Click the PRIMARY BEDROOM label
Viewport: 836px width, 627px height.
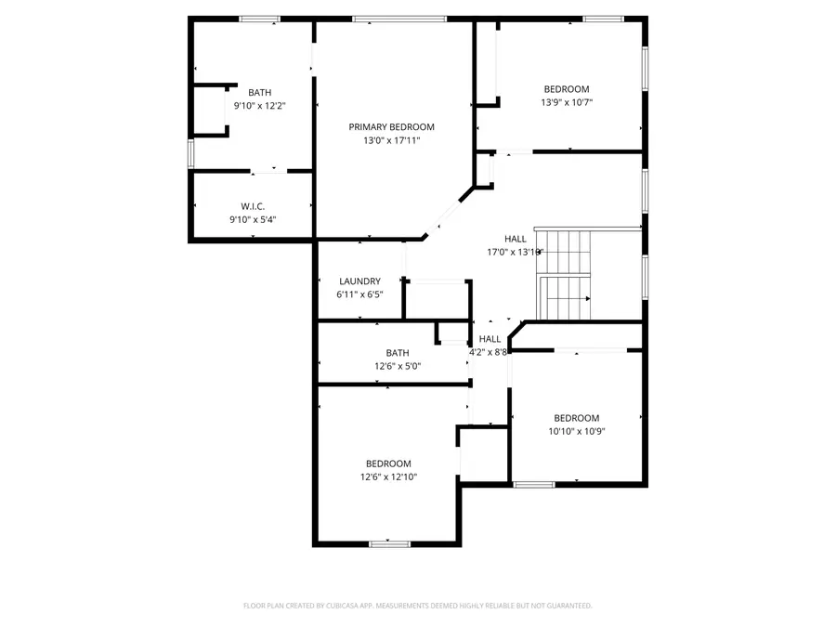(x=391, y=127)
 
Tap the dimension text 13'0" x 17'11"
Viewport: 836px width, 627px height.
(x=391, y=141)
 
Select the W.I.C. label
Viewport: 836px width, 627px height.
(x=253, y=206)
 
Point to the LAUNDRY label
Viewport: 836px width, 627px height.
(x=359, y=281)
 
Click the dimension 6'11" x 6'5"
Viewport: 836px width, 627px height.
(x=359, y=294)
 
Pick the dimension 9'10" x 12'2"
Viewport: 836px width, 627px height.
(x=259, y=106)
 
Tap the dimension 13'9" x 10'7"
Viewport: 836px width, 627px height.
(x=567, y=103)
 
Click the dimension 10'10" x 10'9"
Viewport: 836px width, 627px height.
(x=577, y=431)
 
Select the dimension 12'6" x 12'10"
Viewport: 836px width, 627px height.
(x=388, y=477)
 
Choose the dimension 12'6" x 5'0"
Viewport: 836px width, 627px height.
(x=398, y=366)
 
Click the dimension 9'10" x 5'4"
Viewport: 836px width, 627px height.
(x=253, y=220)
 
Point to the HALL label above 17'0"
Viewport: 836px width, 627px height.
(x=516, y=239)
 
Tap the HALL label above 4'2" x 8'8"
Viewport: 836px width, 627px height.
(x=490, y=339)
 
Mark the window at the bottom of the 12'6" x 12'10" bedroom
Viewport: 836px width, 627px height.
(x=389, y=543)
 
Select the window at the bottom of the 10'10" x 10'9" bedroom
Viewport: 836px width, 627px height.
(x=534, y=484)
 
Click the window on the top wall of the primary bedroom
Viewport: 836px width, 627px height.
(x=398, y=19)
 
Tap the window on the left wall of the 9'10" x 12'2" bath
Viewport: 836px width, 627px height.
(x=190, y=151)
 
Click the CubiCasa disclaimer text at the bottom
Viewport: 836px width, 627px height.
(x=417, y=606)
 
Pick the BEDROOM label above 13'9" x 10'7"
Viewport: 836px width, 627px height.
(x=567, y=89)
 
